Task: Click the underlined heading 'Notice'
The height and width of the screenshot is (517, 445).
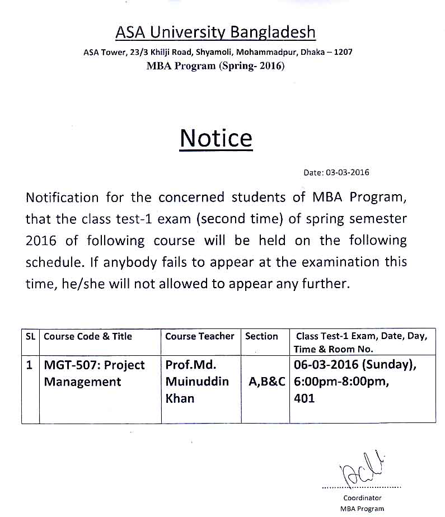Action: [x=216, y=138]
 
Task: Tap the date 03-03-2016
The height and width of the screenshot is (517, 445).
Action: [x=348, y=172]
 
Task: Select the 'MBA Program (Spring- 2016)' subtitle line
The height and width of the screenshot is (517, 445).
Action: [x=216, y=66]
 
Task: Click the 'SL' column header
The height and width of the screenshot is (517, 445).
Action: [x=30, y=336]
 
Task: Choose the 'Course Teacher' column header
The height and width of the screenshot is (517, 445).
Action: [x=200, y=336]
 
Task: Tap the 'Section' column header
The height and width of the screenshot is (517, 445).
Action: [x=261, y=336]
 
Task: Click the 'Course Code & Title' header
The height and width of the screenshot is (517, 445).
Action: [x=88, y=336]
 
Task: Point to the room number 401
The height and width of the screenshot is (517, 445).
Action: [x=305, y=398]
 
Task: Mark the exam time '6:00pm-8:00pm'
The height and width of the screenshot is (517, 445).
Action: [x=336, y=382]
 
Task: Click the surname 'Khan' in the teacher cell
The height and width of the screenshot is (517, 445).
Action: [x=180, y=398]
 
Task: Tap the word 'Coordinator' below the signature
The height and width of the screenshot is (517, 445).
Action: [x=362, y=497]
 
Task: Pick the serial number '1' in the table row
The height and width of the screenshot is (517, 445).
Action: [x=30, y=365]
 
